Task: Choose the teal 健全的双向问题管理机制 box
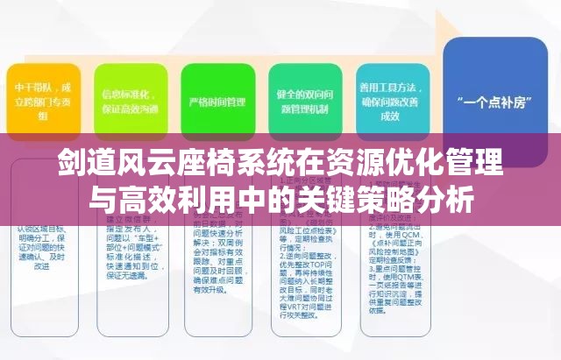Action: (305, 101)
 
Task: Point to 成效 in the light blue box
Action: (391, 115)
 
